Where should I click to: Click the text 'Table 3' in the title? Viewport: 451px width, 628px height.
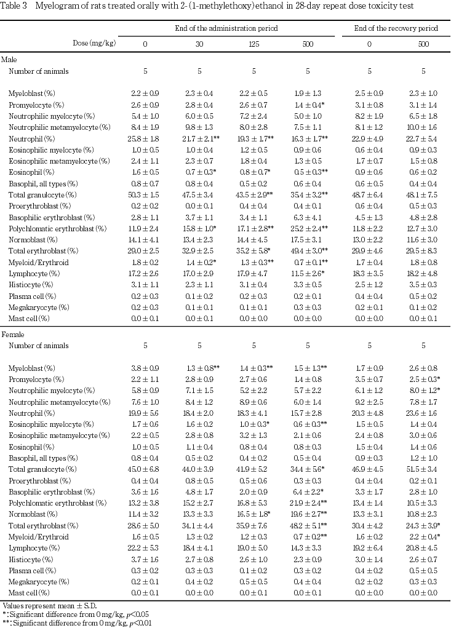click(14, 6)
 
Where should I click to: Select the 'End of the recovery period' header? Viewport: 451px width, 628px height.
click(396, 28)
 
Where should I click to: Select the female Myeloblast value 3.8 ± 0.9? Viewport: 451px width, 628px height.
click(145, 368)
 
